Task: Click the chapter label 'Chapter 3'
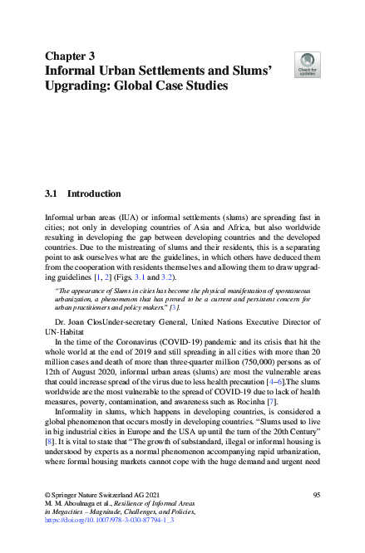[x=69, y=56]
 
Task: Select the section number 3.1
[x=53, y=193]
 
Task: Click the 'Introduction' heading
[x=94, y=193]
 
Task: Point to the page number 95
[x=317, y=495]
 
